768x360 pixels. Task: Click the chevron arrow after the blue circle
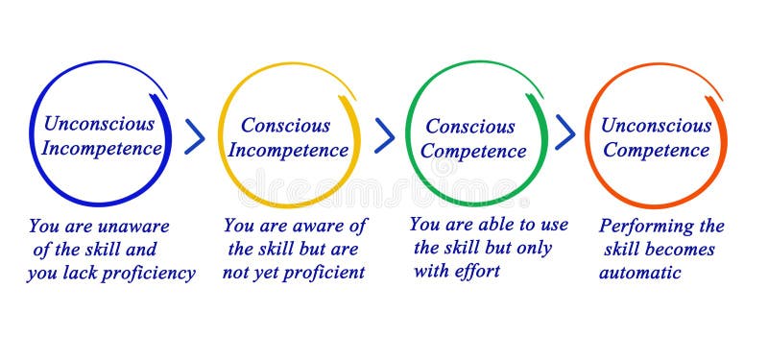tap(195, 136)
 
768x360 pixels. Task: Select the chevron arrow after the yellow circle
tap(385, 135)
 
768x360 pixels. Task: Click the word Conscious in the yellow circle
tap(285, 125)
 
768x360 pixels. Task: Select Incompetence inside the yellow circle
tap(287, 151)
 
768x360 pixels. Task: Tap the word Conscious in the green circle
tap(469, 126)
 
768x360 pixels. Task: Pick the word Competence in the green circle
tap(473, 152)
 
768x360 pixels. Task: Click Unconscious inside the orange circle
tap(656, 125)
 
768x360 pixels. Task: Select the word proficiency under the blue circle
tap(154, 274)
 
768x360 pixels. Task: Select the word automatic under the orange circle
tap(639, 273)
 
